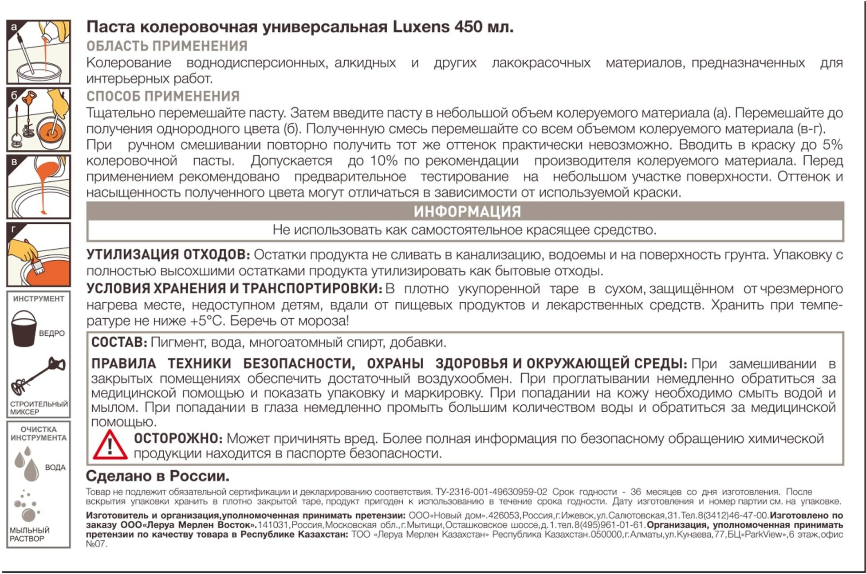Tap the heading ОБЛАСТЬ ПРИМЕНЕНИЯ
pyautogui.click(x=167, y=46)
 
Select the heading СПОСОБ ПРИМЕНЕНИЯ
pyautogui.click(x=163, y=96)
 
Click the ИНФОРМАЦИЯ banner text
pyautogui.click(x=467, y=211)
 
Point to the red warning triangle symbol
pyautogui.click(x=110, y=445)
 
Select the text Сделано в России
pyautogui.click(x=157, y=476)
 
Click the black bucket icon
pyautogui.click(x=24, y=328)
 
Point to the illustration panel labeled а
pyautogui.click(x=39, y=52)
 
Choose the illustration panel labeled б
pyautogui.click(x=39, y=119)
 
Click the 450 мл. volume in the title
pyautogui.click(x=484, y=27)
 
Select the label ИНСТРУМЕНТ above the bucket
pyautogui.click(x=39, y=299)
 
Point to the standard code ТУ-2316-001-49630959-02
pyautogui.click(x=491, y=492)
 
